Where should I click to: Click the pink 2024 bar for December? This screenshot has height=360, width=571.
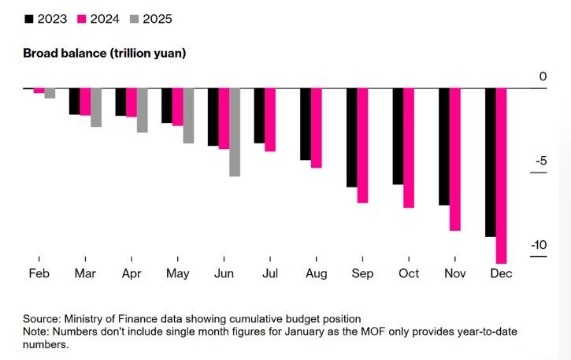501,175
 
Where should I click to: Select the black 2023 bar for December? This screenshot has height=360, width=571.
491,161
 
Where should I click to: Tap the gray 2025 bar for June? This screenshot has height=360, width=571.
235,132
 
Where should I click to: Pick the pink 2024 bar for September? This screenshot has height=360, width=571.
362,145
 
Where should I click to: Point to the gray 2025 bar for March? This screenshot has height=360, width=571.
96,107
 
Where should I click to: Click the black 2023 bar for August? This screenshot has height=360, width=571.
306,124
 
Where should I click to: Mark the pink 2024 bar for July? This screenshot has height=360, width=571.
270,119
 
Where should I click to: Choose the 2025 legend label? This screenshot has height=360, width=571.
158,18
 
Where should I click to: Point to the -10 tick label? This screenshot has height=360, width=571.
538,245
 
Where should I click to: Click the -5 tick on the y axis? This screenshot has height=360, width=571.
541,161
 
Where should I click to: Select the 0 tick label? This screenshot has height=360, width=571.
543,76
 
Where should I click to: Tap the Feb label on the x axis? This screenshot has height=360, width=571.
38,273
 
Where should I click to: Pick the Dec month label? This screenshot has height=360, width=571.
501,273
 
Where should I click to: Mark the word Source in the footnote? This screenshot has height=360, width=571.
42,318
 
